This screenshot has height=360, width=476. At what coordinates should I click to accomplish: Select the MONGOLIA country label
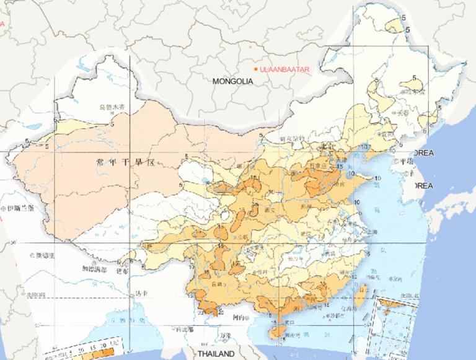(233, 81)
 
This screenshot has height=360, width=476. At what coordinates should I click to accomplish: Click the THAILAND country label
(216, 354)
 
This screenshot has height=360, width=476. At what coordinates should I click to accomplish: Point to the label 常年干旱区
(124, 162)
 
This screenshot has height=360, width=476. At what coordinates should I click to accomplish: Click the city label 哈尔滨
(414, 92)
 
